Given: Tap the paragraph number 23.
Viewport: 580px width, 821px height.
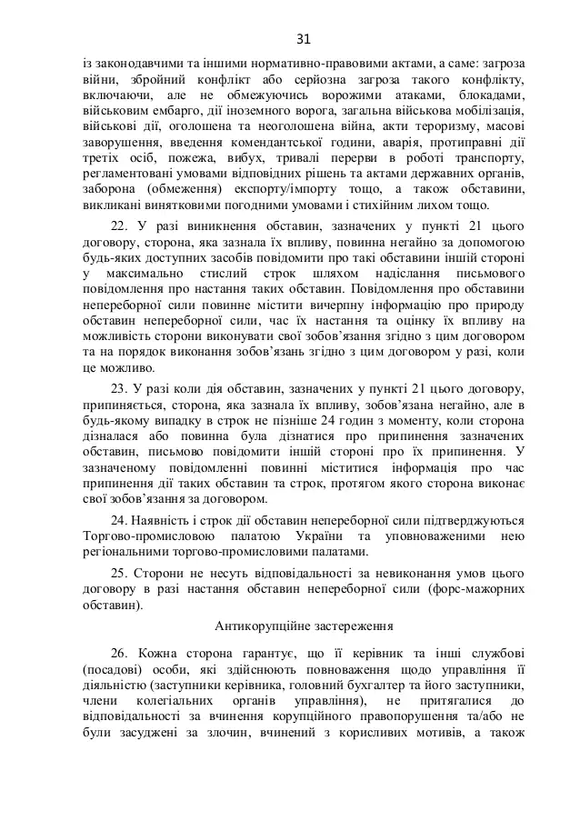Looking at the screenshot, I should (118, 389).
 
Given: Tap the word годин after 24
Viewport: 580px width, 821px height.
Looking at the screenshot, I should (358, 422).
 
